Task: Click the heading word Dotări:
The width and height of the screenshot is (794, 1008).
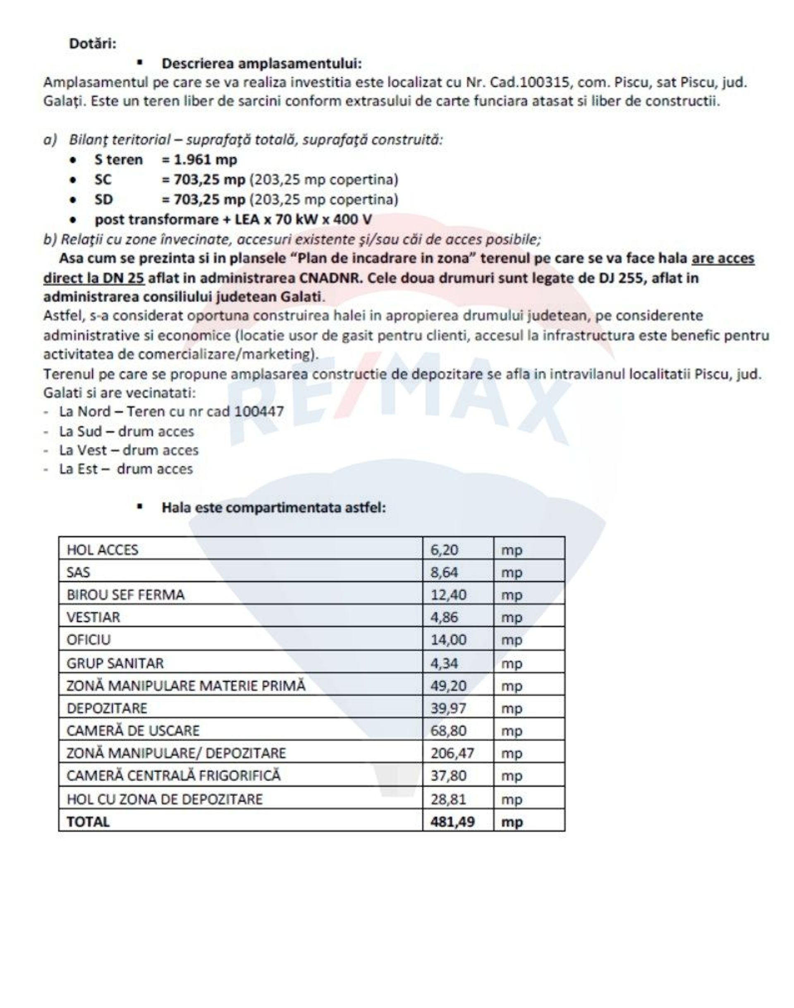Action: (x=93, y=44)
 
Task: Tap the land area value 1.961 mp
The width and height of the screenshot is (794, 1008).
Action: (x=206, y=160)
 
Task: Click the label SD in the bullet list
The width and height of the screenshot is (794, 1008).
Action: (x=103, y=199)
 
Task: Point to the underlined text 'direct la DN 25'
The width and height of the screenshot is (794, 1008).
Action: (x=94, y=278)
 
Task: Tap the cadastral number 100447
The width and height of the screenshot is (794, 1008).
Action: (x=259, y=411)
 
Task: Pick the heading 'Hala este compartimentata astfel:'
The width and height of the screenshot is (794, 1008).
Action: (x=273, y=507)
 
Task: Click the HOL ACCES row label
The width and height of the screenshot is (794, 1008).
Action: (x=102, y=550)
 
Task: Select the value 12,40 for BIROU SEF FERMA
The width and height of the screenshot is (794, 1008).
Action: (x=445, y=595)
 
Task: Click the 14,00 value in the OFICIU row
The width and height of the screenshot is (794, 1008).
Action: (x=448, y=640)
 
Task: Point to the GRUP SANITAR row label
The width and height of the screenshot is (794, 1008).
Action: (x=115, y=663)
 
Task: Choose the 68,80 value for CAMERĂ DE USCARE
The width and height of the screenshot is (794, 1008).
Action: (x=448, y=730)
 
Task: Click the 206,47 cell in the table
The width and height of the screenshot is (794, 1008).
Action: (x=452, y=753)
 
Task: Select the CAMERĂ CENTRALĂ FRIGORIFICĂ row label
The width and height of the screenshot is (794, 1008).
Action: (x=173, y=775)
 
